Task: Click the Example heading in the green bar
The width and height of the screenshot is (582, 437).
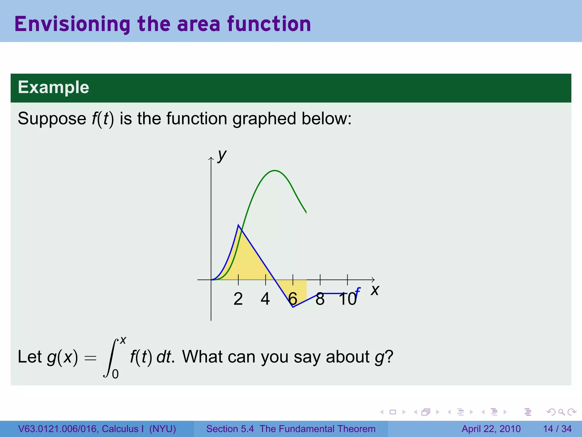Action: click(x=53, y=87)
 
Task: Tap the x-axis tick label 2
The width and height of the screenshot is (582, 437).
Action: click(x=238, y=299)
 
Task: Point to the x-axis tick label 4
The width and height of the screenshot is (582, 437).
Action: click(x=265, y=299)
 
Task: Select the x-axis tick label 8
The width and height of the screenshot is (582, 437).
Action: click(x=320, y=299)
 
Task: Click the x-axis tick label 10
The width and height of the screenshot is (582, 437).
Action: click(x=347, y=299)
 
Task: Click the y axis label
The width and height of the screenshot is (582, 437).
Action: click(x=222, y=156)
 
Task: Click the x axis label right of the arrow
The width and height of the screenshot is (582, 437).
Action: click(x=375, y=290)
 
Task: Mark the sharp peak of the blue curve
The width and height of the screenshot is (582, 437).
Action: click(x=238, y=225)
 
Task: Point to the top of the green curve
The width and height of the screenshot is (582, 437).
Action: click(x=275, y=171)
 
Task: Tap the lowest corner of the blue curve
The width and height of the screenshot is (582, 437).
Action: click(x=293, y=307)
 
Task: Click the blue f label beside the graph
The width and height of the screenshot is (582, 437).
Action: click(x=357, y=292)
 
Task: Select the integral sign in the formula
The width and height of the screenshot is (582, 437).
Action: click(x=111, y=358)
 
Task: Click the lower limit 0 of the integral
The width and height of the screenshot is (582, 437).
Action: click(x=115, y=374)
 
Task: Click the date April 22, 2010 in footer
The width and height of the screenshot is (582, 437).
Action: click(x=491, y=429)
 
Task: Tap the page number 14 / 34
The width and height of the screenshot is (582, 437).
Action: click(x=557, y=429)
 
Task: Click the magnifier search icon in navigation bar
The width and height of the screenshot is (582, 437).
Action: click(x=561, y=412)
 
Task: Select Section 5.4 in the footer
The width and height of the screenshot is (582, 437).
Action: click(x=230, y=429)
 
